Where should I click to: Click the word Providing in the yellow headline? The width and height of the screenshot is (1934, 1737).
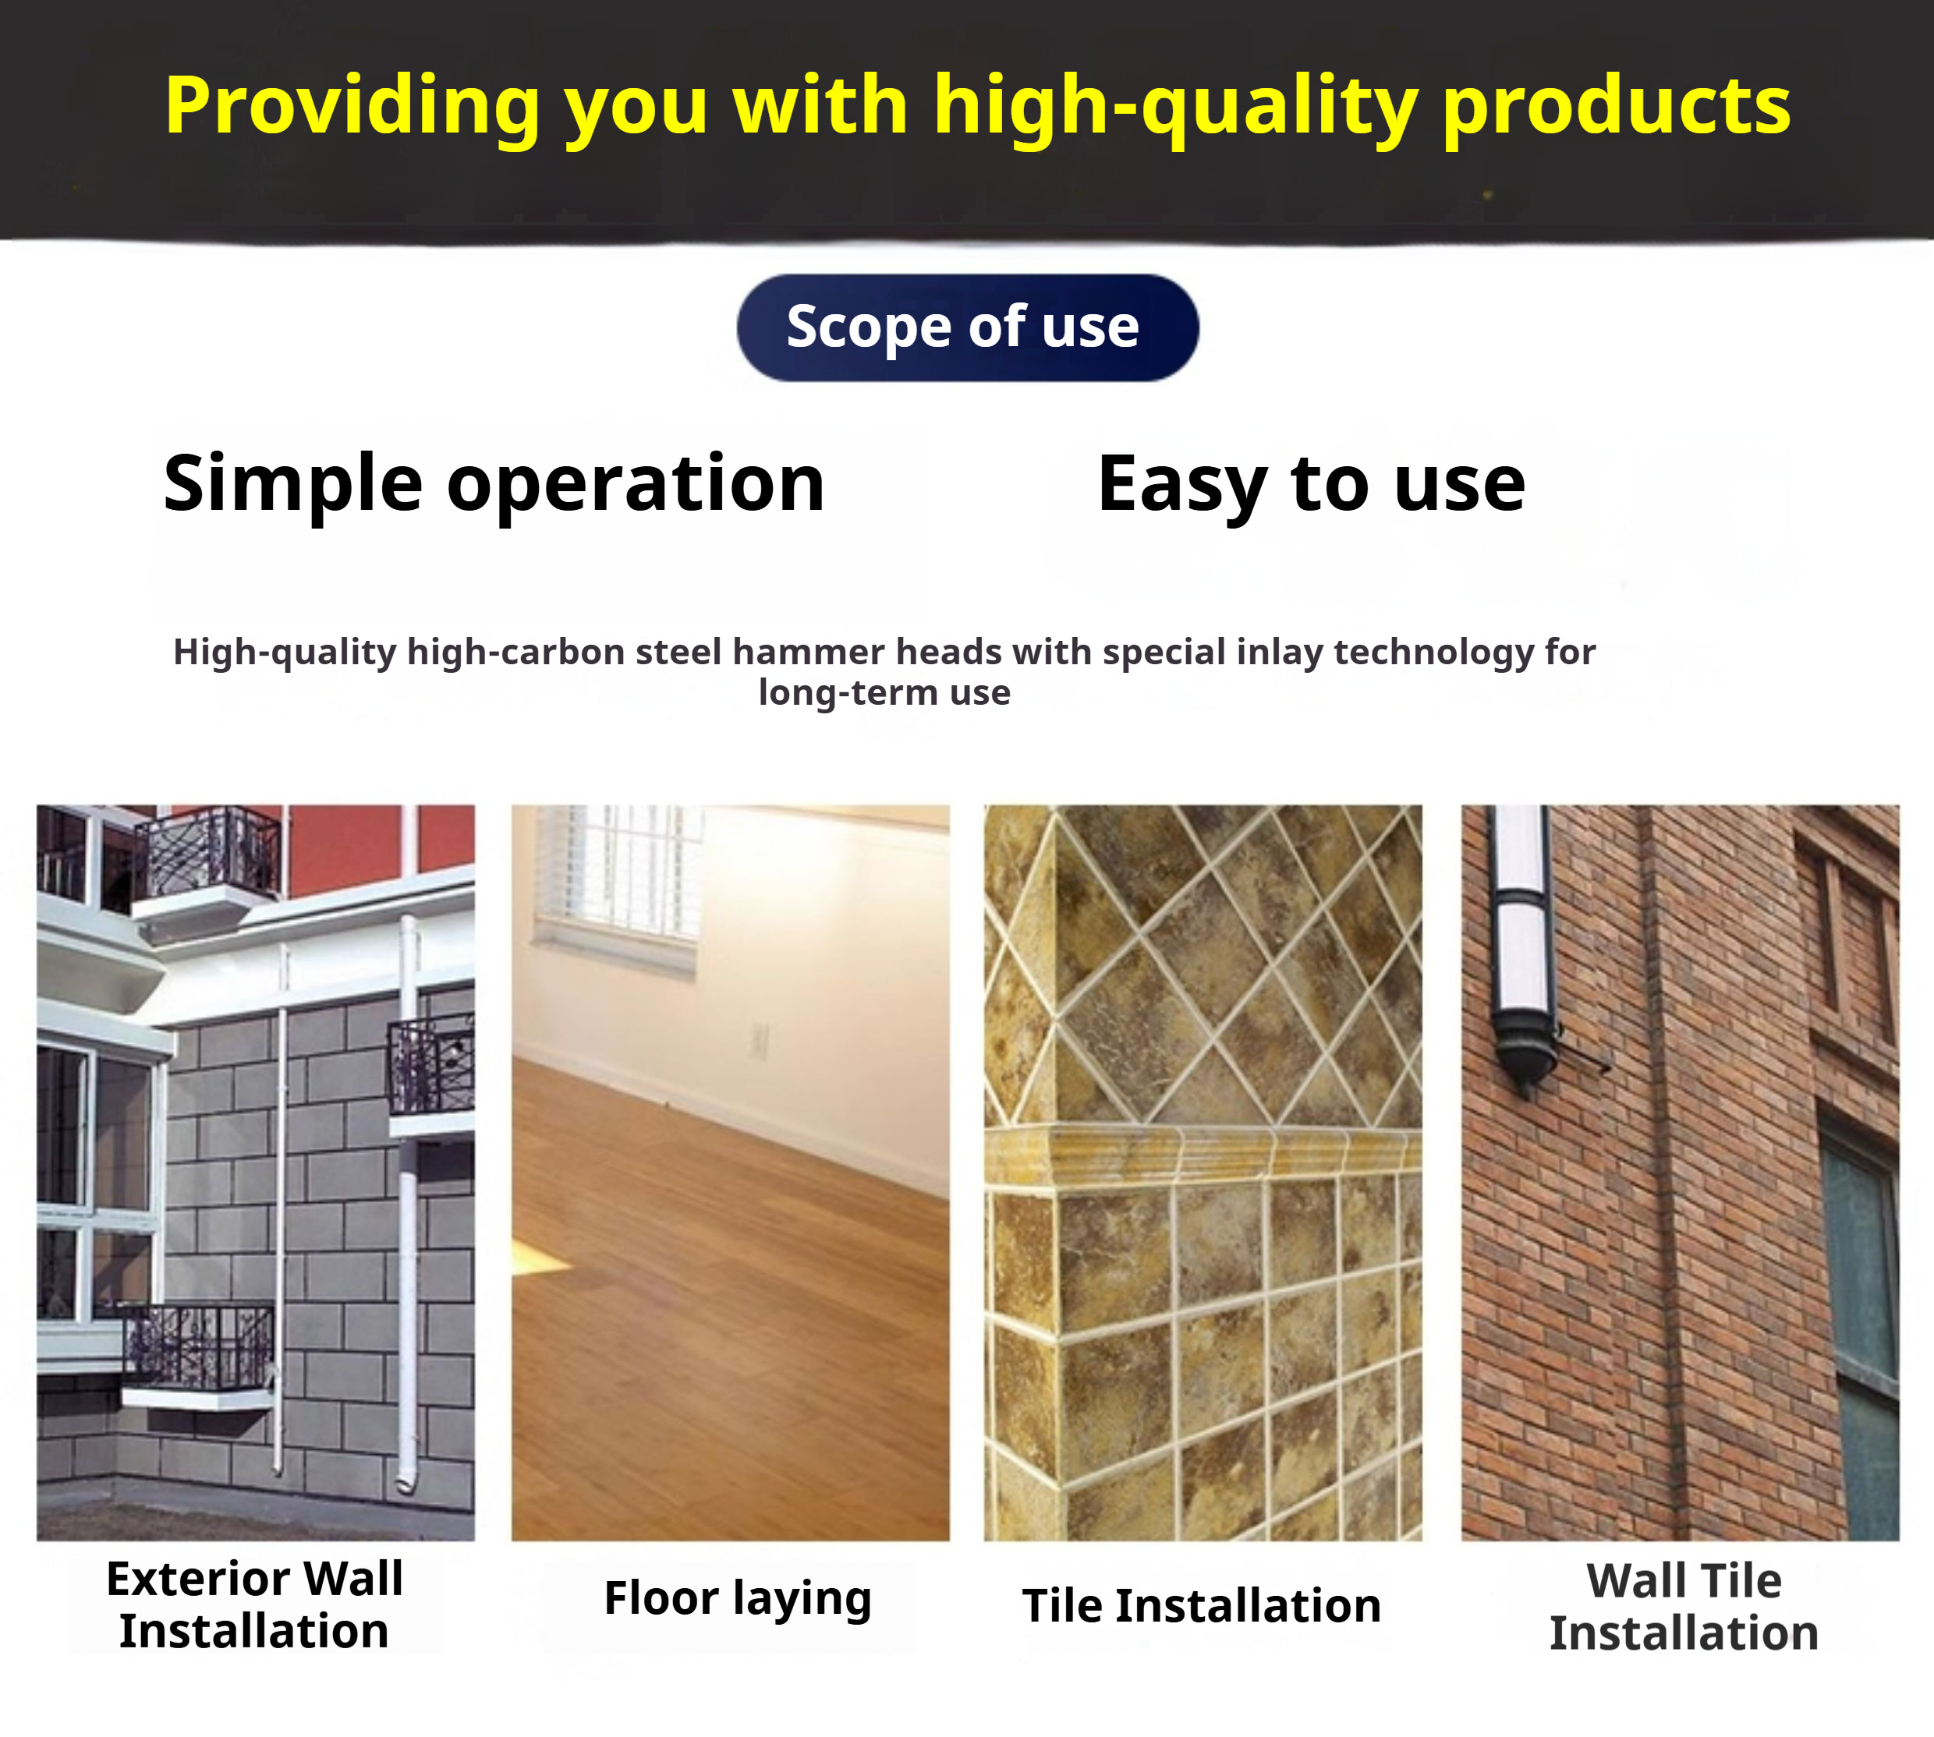click(x=353, y=107)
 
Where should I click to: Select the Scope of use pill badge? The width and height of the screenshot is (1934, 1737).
click(x=967, y=327)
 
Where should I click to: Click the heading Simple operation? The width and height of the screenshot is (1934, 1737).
click(x=494, y=485)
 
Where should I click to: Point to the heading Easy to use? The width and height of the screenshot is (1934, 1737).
click(x=1312, y=485)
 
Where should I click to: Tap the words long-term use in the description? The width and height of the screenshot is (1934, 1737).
click(x=884, y=693)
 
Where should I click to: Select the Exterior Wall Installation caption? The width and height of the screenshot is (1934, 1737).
click(x=255, y=1604)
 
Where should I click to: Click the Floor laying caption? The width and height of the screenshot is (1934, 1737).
click(x=738, y=1598)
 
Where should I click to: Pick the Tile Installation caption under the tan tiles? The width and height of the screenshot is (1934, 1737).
click(x=1202, y=1605)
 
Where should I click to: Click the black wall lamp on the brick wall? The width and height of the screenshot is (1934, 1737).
click(x=1524, y=950)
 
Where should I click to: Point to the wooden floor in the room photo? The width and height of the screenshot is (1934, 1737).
click(x=730, y=1317)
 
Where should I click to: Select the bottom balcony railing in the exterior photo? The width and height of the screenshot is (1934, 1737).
click(x=199, y=1346)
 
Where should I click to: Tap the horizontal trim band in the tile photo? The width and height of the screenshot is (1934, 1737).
click(x=1203, y=1154)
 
